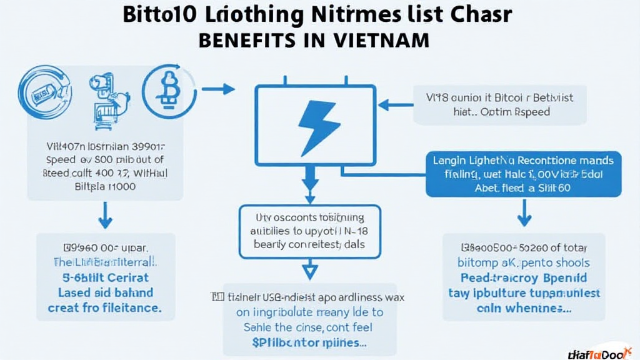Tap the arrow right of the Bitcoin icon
click(219, 89)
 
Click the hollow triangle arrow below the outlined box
click(311, 271)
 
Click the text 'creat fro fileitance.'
click(104, 307)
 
